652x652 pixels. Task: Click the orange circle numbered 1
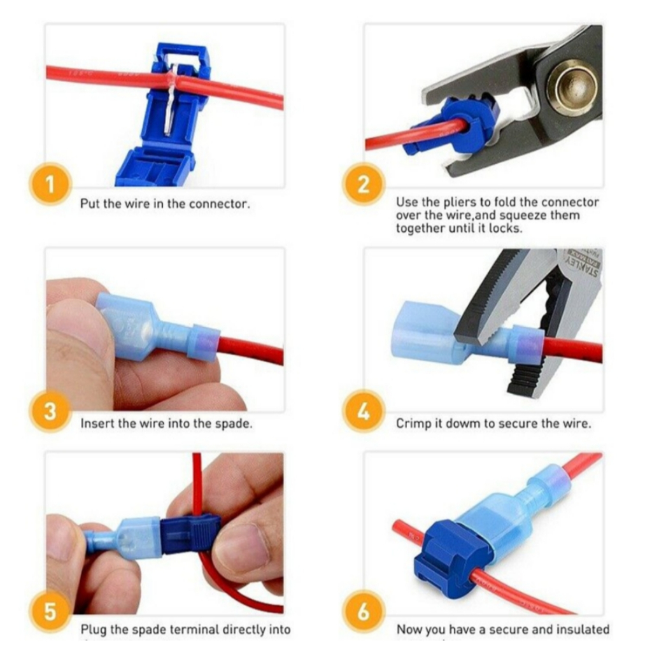pos(50,185)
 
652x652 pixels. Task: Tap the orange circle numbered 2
pos(364,185)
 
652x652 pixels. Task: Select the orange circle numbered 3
pos(50,411)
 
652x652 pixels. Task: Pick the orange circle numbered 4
pos(364,411)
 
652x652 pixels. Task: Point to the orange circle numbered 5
pos(50,612)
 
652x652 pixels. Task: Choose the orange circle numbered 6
pos(364,612)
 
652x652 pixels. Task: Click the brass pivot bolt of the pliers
pos(571,86)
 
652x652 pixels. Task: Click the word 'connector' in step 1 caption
pos(220,205)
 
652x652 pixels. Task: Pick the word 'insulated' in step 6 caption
pos(583,630)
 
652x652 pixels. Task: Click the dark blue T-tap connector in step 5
pos(188,532)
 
